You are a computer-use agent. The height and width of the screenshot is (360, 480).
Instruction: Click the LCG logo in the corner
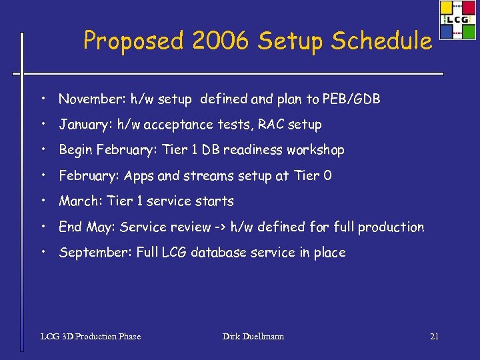pos(457,20)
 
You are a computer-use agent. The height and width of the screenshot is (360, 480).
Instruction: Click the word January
pos(85,125)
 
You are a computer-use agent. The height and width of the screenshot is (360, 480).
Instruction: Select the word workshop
pos(315,150)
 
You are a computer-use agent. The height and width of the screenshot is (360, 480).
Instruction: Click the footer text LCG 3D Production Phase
pos(91,337)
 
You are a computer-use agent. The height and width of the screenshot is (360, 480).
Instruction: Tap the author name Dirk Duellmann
pos(253,337)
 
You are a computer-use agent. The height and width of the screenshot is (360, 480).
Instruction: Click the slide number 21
pos(434,337)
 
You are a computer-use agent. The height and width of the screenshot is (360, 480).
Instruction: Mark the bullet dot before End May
pos(42,227)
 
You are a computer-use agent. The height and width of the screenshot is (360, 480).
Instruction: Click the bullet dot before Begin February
pos(42,149)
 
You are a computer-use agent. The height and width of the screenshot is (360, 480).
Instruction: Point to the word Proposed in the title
pos(131,41)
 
